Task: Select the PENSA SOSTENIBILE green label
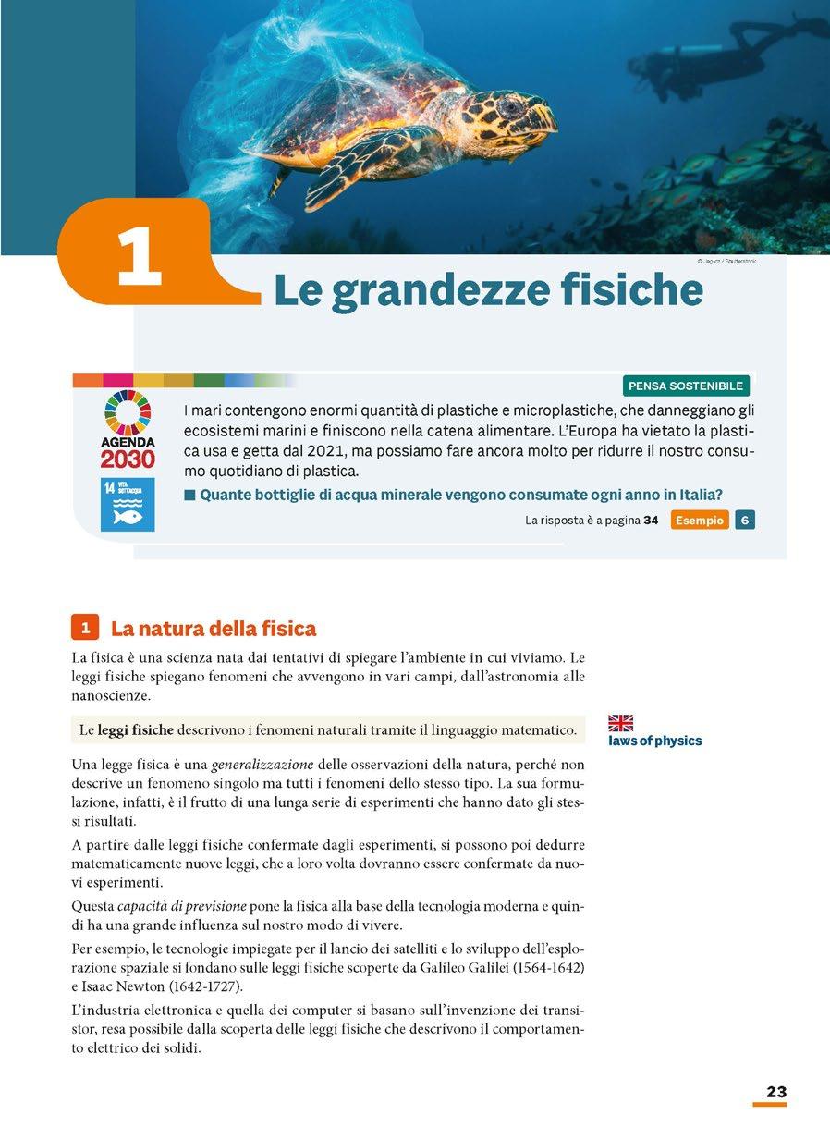686,386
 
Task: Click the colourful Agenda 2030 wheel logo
128,412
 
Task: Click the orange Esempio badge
700,521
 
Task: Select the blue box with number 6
745,521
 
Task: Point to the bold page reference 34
651,521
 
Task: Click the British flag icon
620,723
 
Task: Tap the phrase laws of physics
655,741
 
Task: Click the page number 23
775,1092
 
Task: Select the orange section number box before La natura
84,629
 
